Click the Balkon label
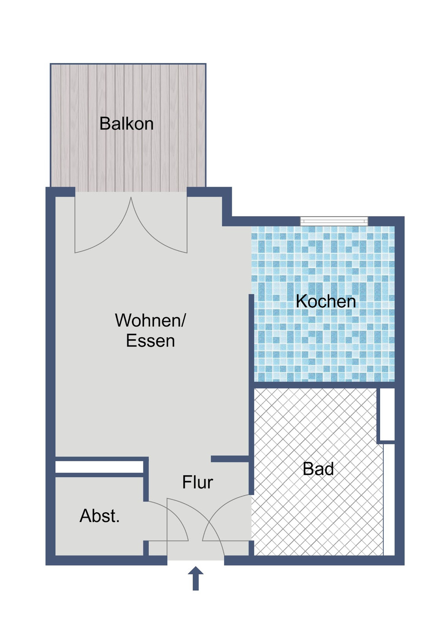[127, 124]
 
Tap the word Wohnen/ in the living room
[150, 320]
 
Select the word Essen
[150, 341]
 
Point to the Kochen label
[326, 302]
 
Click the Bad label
[318, 469]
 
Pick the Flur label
[198, 482]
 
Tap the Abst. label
[99, 516]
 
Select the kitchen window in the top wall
[334, 221]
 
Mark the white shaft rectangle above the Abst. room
[99, 467]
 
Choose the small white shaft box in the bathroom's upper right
[386, 415]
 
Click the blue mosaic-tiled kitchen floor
[324, 337]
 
